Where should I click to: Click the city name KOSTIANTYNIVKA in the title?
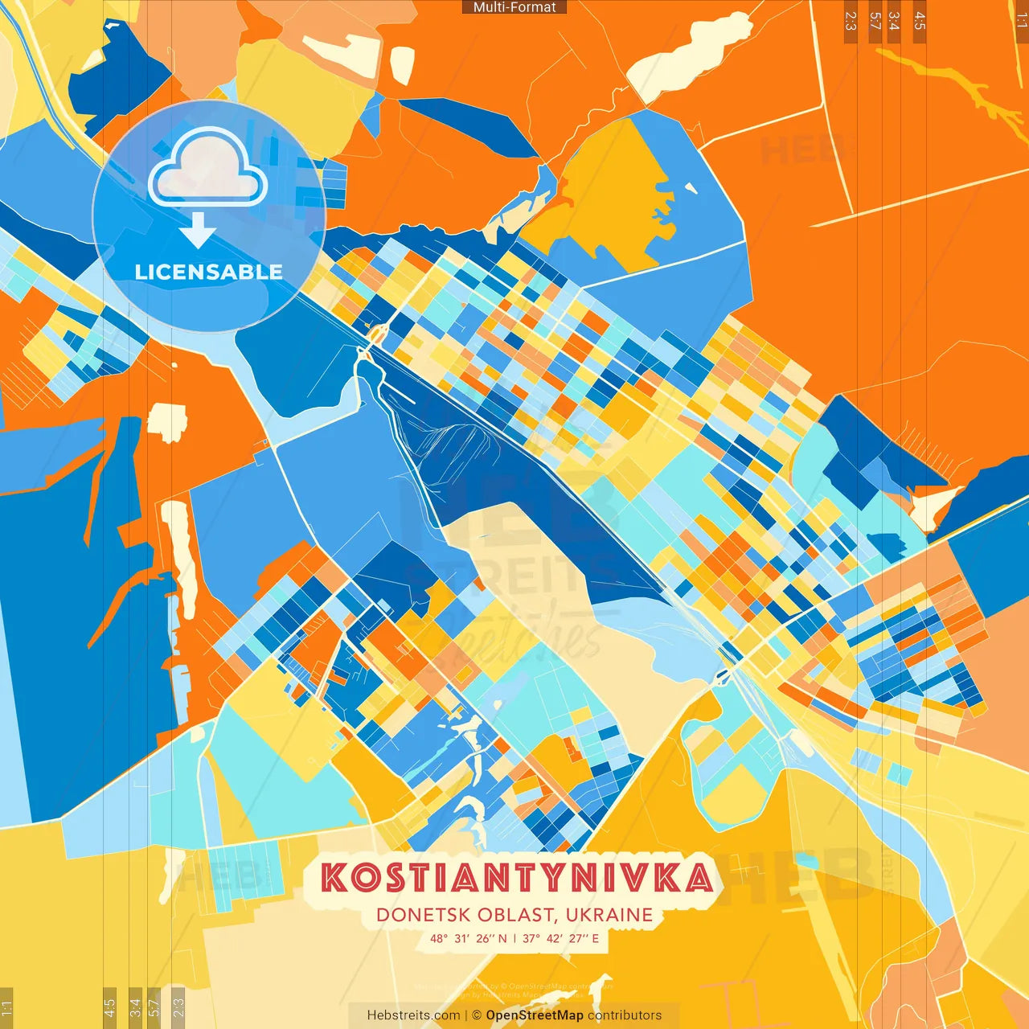(x=517, y=878)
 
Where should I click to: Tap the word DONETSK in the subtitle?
(x=423, y=915)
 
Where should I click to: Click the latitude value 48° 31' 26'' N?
(x=469, y=938)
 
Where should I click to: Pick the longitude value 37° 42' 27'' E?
(x=561, y=938)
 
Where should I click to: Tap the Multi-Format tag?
(x=514, y=7)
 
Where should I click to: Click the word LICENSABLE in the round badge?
(x=209, y=272)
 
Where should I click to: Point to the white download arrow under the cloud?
(x=198, y=232)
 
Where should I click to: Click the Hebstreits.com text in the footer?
(x=413, y=1015)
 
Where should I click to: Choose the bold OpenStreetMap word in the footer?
(x=535, y=1015)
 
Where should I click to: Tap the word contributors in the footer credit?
(x=625, y=1015)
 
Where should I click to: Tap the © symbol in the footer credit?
(x=476, y=1015)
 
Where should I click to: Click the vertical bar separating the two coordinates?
(x=515, y=938)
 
